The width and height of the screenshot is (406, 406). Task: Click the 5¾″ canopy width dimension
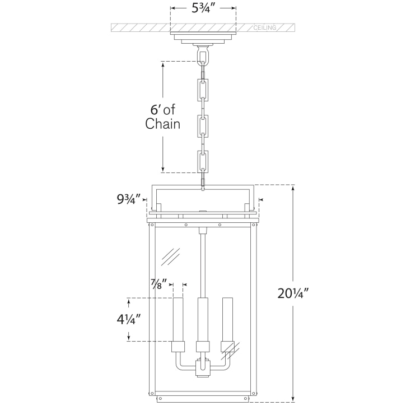point(203,9)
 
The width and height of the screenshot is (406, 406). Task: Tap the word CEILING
point(265,27)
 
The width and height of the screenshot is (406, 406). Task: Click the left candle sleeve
point(178,319)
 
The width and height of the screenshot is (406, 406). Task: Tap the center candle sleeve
point(202,319)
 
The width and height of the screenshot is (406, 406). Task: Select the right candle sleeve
point(227,319)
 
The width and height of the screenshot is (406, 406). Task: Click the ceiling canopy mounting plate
point(203,38)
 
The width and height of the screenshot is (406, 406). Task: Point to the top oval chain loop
point(203,55)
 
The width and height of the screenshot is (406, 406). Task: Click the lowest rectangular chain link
point(203,161)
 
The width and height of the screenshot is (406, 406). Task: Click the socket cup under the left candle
point(178,347)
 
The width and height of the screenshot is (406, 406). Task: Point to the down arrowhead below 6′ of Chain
point(162,169)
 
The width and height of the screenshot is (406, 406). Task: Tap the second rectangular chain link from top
point(203,125)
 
